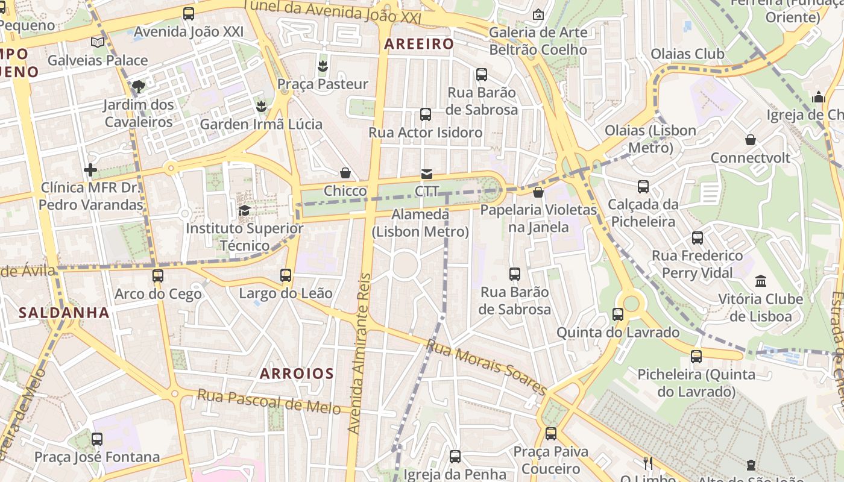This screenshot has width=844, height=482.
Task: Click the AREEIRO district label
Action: (418, 44)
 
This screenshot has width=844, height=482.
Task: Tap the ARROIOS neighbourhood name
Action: (297, 374)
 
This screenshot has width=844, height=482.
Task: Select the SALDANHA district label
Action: (64, 313)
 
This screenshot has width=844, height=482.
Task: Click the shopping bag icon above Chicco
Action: (345, 174)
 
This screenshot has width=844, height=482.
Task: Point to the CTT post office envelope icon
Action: (426, 174)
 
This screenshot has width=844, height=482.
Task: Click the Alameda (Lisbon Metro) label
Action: (420, 223)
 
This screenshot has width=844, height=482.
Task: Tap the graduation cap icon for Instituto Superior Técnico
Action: (244, 210)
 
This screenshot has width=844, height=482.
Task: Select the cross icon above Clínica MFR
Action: (90, 170)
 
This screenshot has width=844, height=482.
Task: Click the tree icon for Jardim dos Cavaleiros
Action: (138, 87)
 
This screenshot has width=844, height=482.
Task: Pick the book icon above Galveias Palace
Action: (98, 42)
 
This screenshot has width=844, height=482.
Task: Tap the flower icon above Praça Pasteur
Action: (323, 66)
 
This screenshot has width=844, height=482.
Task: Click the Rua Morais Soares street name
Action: (486, 366)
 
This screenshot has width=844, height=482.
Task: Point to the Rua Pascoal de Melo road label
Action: (274, 402)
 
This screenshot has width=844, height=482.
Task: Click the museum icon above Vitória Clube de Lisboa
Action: (760, 281)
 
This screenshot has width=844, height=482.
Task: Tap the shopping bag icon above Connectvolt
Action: (751, 140)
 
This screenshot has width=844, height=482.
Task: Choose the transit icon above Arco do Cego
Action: (158, 276)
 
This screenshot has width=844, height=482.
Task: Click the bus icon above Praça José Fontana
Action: (97, 439)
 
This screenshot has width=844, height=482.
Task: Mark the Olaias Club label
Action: (687, 54)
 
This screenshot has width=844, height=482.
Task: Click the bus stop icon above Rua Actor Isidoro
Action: (426, 114)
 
